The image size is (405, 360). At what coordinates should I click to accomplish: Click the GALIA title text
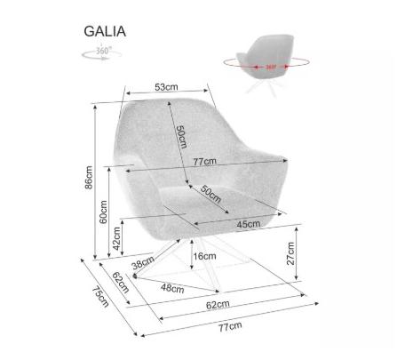[x=105, y=31]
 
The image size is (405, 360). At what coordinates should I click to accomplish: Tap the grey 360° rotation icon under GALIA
[x=101, y=53]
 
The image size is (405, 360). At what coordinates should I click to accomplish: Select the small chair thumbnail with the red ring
[x=266, y=64]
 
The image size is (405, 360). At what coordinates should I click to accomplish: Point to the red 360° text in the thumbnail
[x=271, y=67]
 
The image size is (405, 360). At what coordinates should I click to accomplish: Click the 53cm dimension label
[x=166, y=87]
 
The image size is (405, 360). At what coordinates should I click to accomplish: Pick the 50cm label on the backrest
[x=182, y=137]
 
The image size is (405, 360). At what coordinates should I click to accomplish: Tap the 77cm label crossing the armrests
[x=205, y=162]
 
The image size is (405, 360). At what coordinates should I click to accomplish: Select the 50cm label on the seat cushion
[x=210, y=194]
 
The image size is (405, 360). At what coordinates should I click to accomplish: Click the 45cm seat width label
[x=249, y=224]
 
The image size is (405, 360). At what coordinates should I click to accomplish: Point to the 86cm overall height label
[x=89, y=178]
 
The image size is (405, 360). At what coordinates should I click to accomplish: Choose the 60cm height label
[x=103, y=212]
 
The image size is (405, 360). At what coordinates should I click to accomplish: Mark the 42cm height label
[x=116, y=238]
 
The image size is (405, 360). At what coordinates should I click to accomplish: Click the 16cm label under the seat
[x=204, y=256]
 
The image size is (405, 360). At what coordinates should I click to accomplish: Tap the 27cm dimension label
[x=290, y=253]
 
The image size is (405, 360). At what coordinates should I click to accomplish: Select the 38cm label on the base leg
[x=143, y=262]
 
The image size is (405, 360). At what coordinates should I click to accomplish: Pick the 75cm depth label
[x=100, y=296]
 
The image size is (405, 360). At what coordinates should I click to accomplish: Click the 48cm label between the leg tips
[x=172, y=288]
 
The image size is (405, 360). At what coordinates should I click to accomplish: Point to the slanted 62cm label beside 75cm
[x=121, y=283]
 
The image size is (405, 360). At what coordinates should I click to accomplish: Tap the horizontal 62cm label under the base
[x=218, y=305]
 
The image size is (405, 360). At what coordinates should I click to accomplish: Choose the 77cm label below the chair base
[x=230, y=327]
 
